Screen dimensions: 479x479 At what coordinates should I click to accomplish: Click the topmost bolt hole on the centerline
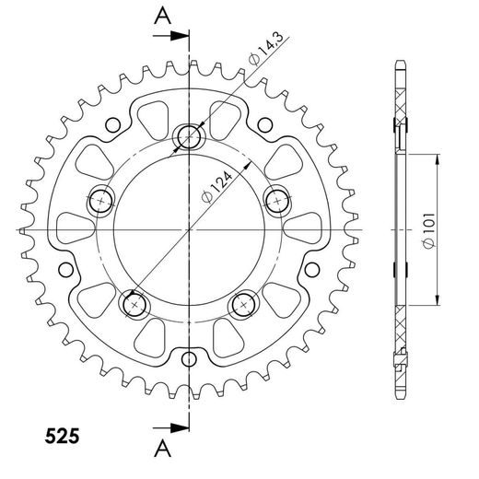coord(191,137)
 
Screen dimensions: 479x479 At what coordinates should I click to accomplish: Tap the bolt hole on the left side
coord(100,199)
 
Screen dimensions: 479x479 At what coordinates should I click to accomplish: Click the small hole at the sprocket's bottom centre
coord(190,358)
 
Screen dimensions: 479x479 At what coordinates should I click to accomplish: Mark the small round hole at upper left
coord(113,123)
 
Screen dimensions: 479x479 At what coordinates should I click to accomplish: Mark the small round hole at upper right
coord(266,123)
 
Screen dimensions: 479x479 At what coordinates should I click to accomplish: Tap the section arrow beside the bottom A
coord(175,426)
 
